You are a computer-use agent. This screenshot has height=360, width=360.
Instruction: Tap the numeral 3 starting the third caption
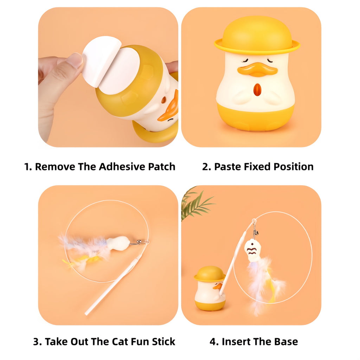(36, 341)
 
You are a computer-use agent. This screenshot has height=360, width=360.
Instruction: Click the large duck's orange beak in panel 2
(257, 69)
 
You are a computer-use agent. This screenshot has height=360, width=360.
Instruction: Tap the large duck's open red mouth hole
(257, 90)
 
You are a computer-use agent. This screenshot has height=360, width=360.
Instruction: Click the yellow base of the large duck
(256, 118)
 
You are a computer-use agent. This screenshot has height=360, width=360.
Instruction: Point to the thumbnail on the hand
(75, 60)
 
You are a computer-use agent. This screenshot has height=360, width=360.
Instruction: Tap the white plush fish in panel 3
(118, 243)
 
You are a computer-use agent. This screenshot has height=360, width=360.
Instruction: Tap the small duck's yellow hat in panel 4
(210, 273)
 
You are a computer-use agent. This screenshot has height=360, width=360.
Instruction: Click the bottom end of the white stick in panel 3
(87, 313)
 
